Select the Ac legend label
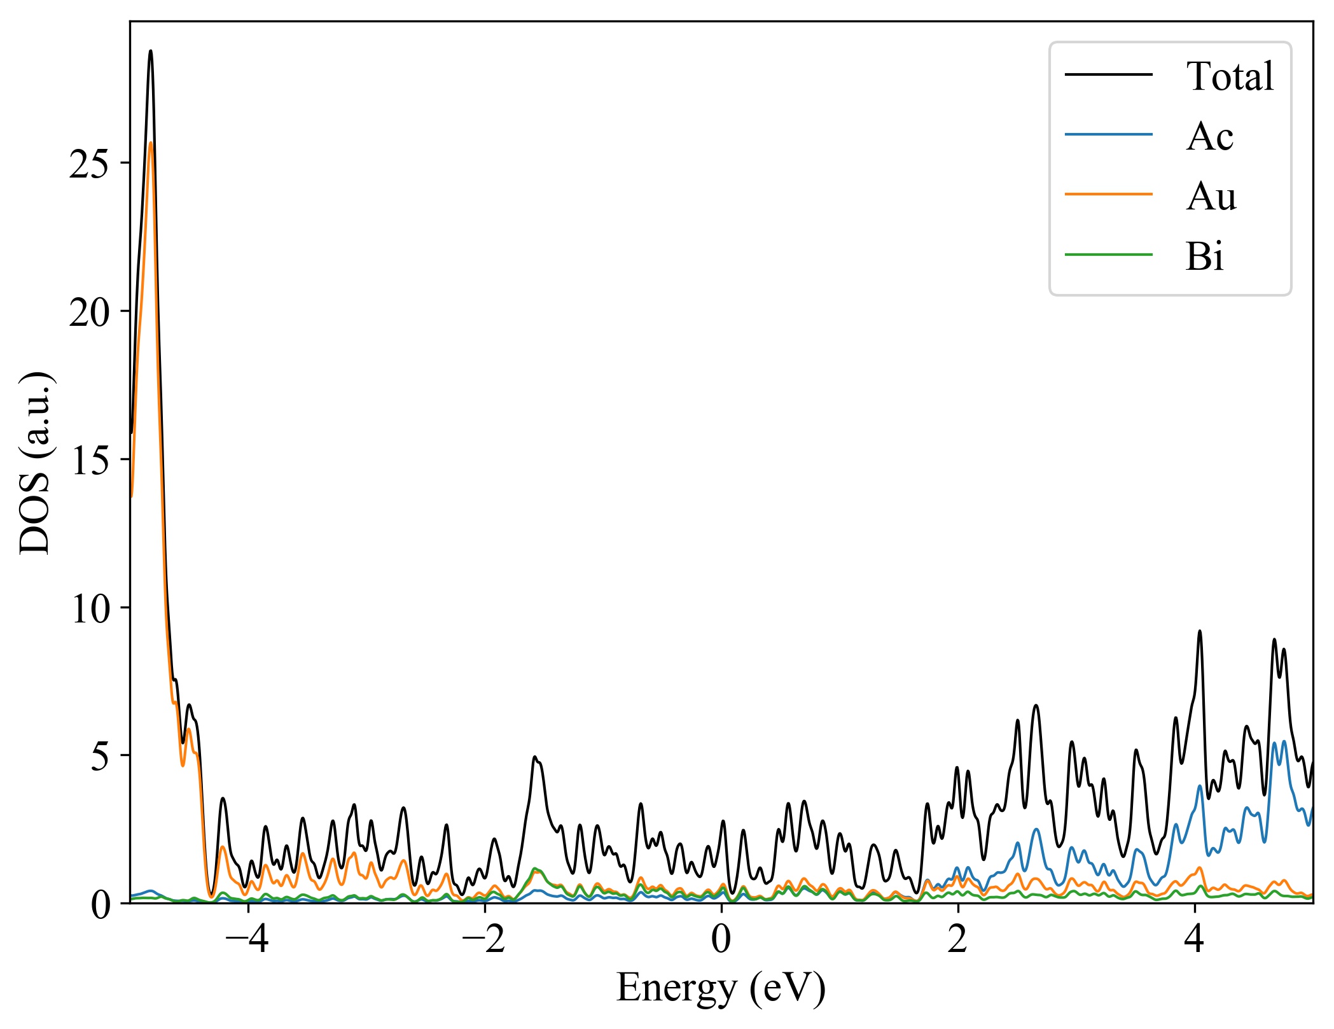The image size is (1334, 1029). (1209, 136)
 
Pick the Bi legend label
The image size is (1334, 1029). (1204, 256)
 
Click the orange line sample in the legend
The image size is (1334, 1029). (1108, 193)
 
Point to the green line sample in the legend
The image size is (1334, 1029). (1108, 255)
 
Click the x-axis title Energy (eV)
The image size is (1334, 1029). (721, 988)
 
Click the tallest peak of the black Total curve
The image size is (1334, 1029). (151, 51)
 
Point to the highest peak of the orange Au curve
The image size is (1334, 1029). (151, 143)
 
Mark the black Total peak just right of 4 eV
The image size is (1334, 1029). (1200, 631)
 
